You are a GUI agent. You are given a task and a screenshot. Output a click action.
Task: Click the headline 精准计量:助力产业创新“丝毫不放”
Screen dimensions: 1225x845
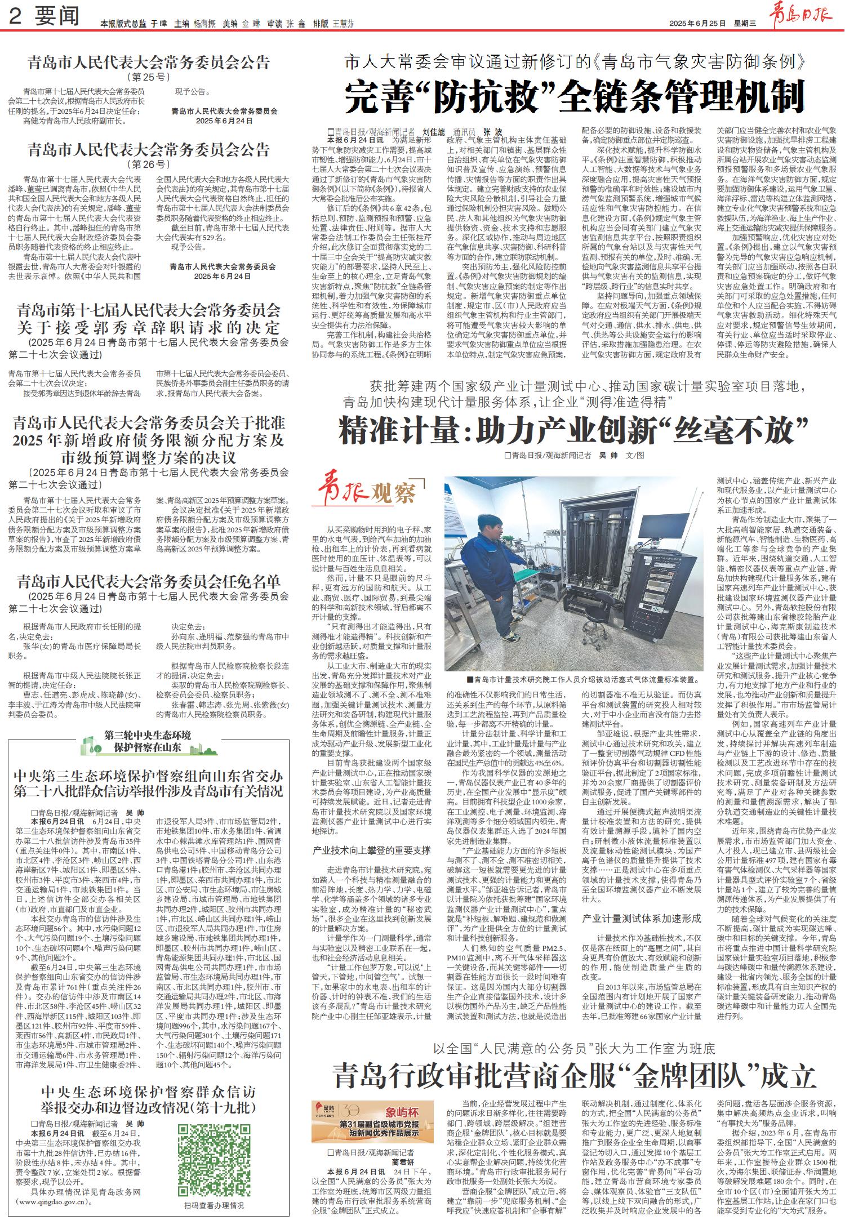(x=573, y=431)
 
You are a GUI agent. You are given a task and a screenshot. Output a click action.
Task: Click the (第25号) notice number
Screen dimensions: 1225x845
(x=149, y=77)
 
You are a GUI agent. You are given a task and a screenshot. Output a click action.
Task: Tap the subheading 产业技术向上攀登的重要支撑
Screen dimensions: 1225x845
(x=371, y=850)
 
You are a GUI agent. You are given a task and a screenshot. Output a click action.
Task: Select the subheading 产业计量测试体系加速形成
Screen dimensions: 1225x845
(x=642, y=918)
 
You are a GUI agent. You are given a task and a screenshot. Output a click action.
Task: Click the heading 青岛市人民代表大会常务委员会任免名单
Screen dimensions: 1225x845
(x=149, y=581)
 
